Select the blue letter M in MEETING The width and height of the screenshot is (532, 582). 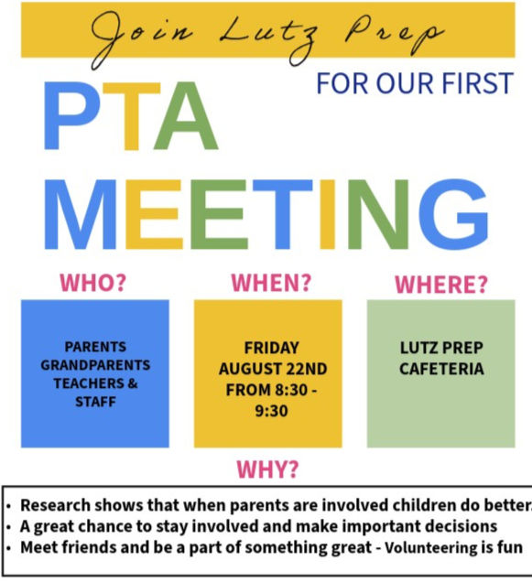[x=82, y=217]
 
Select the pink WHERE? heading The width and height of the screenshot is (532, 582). [x=440, y=285]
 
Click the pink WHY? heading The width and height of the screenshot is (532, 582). [x=267, y=470]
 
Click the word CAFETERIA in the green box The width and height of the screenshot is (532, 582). [x=441, y=370]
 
